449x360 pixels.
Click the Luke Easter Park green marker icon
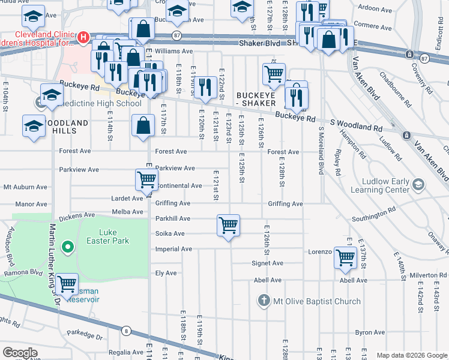(x=68, y=247)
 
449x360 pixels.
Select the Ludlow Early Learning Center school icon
(x=418, y=183)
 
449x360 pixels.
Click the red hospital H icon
(x=84, y=37)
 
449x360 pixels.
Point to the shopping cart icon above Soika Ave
(x=228, y=226)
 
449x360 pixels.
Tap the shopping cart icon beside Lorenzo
(x=345, y=257)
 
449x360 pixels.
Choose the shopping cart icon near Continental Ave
(x=146, y=179)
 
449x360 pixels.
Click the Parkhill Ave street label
(x=172, y=219)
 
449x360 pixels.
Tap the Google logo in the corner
(x=19, y=353)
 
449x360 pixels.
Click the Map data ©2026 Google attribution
(x=412, y=355)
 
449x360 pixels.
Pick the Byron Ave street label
(x=370, y=332)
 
